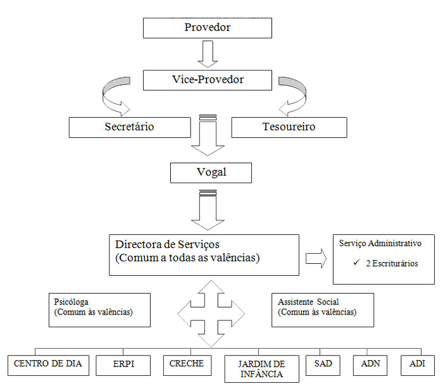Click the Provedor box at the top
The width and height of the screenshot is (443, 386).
coord(207,28)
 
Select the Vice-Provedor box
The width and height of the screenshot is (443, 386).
coord(207,80)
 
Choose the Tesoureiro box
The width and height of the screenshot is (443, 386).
coord(289,127)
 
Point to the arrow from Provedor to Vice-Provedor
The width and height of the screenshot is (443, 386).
coord(208,54)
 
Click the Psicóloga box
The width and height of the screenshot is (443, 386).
coord(99,309)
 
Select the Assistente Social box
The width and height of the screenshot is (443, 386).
coord(323,309)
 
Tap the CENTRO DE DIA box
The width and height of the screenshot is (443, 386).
coord(49,364)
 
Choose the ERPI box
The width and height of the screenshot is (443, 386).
coord(124,364)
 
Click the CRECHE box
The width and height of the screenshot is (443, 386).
coord(187,364)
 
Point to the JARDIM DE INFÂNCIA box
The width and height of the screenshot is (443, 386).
coord(261,369)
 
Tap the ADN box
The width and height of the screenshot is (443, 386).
coord(370,364)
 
